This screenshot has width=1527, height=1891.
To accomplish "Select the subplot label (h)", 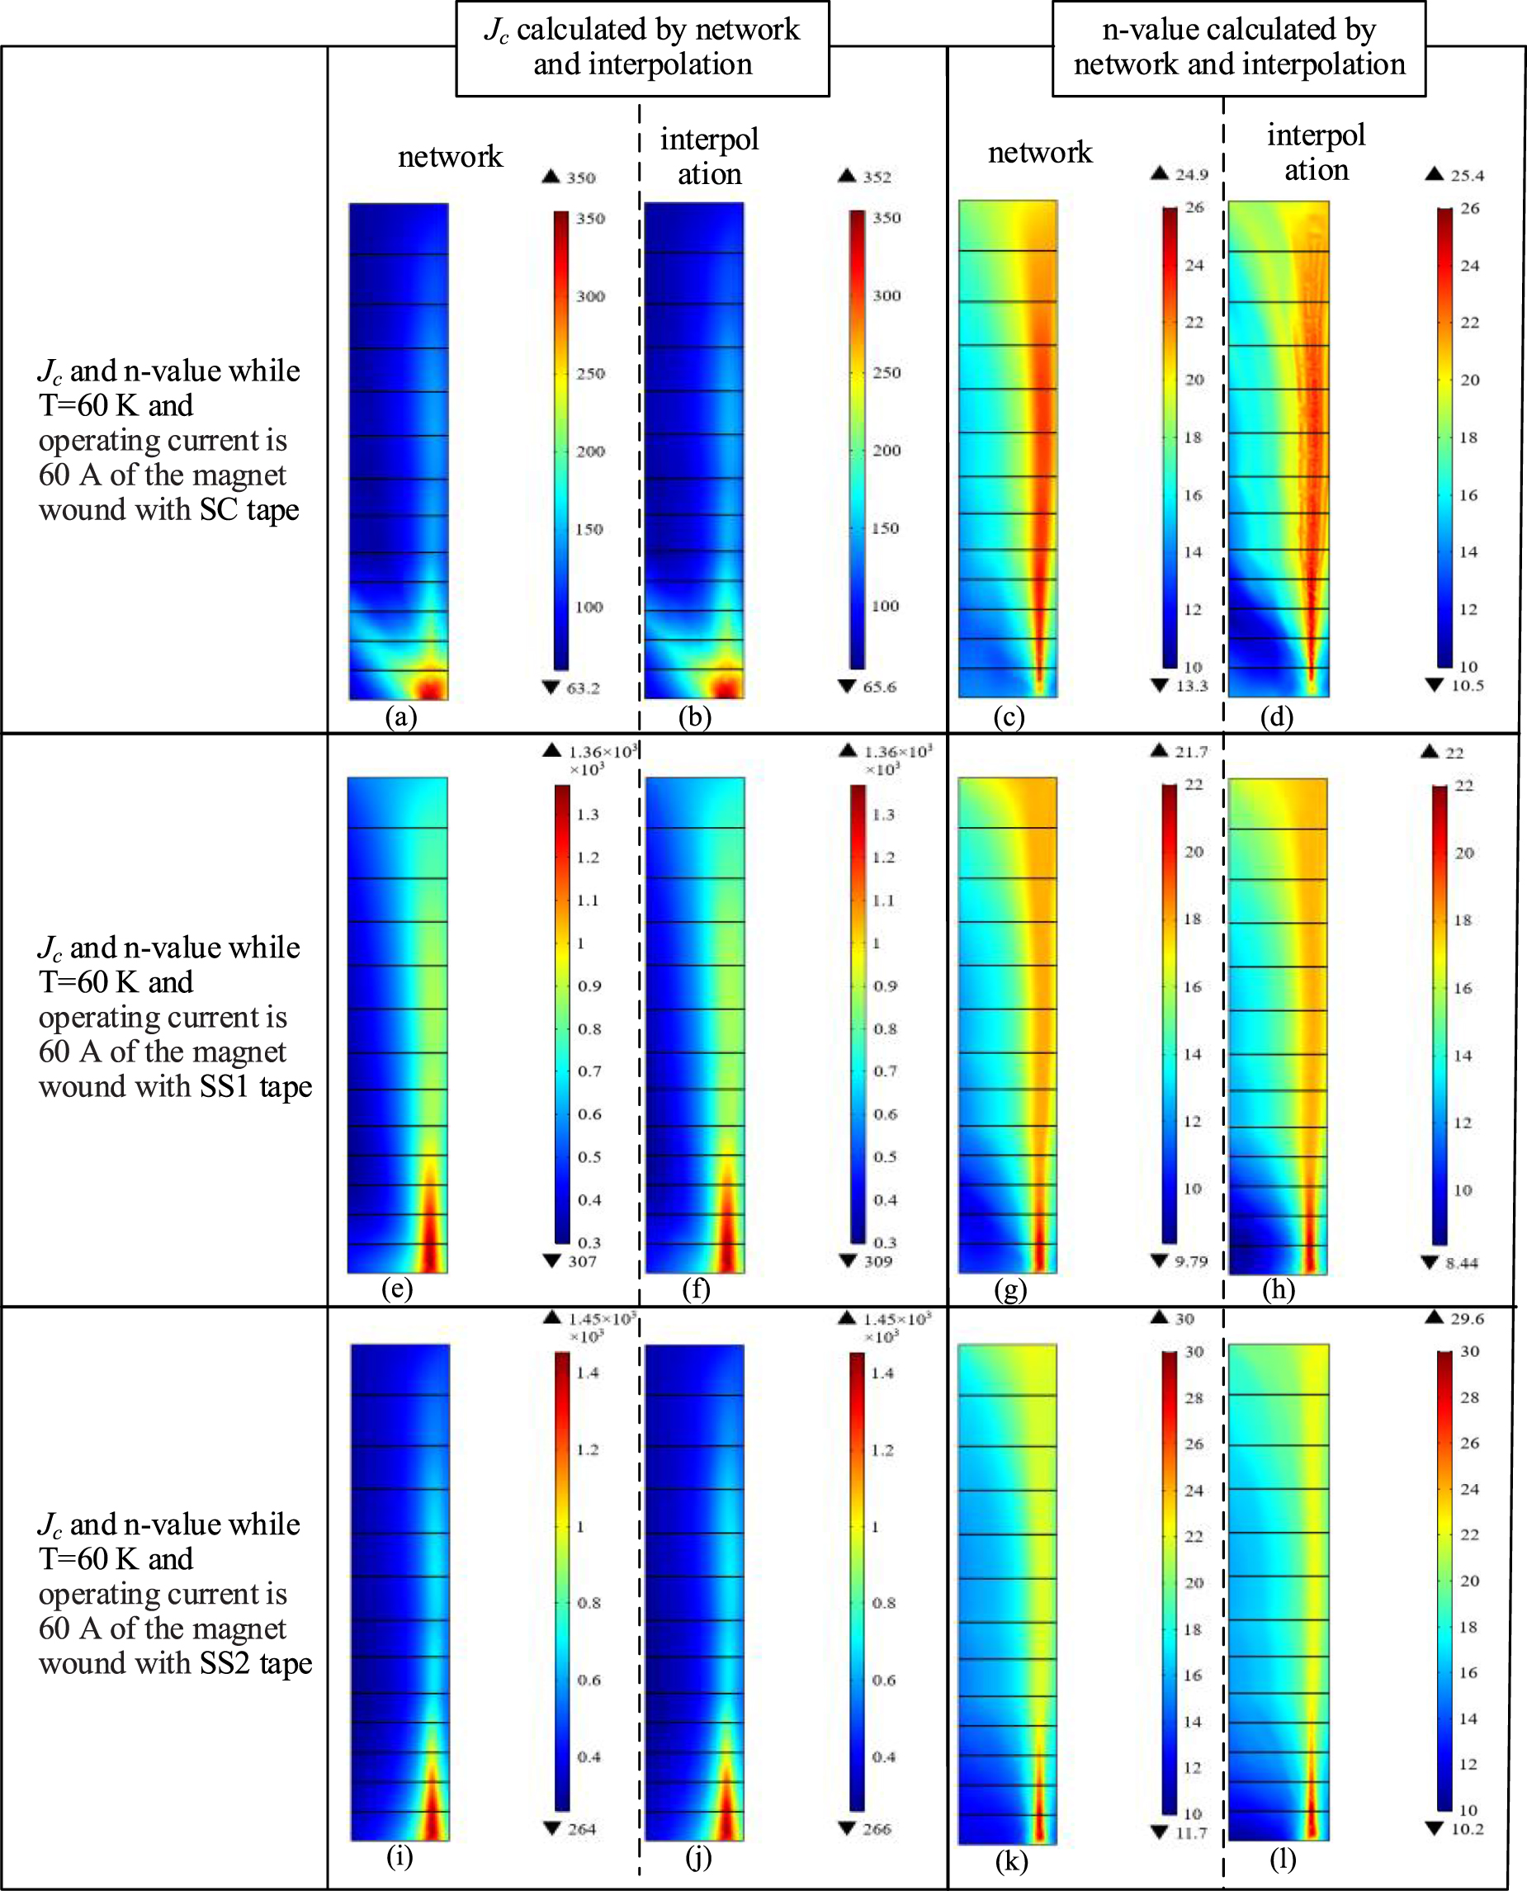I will (x=1278, y=1289).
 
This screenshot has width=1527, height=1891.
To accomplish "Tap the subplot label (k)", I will (x=1012, y=1861).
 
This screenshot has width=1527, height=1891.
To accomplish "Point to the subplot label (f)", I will (x=696, y=1288).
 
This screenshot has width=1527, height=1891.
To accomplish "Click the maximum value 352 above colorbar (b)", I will (x=876, y=177).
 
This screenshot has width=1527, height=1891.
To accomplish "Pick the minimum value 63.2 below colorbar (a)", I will (x=582, y=688).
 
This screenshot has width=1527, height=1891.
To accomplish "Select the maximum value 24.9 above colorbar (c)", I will (x=1191, y=174).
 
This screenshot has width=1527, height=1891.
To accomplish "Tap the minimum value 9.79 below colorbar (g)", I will (x=1191, y=1261).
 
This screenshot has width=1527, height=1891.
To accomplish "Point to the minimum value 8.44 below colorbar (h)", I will (x=1461, y=1263).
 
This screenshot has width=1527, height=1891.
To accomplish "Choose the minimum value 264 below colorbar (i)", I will (x=581, y=1828).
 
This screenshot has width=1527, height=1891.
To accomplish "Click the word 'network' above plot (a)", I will (x=450, y=157).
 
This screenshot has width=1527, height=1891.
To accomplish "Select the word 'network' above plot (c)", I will (x=1040, y=153).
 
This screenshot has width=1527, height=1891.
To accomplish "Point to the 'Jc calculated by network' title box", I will (x=642, y=48).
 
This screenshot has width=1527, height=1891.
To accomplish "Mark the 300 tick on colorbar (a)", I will (x=590, y=296).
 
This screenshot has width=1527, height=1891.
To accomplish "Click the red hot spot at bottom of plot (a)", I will (x=429, y=687).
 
